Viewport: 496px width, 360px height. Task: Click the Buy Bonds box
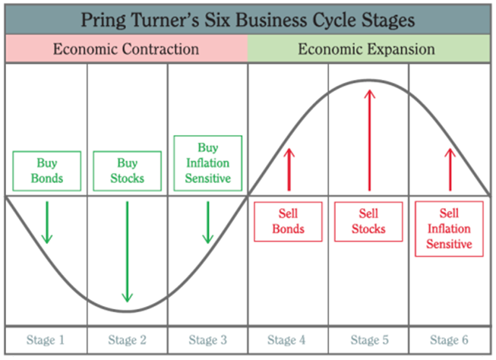pyautogui.click(x=46, y=172)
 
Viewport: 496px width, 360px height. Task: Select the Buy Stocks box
pyautogui.click(x=126, y=172)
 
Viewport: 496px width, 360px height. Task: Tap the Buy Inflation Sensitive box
pyautogui.click(x=207, y=163)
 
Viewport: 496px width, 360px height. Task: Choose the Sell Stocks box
pyautogui.click(x=368, y=221)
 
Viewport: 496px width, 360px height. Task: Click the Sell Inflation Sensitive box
pyautogui.click(x=449, y=229)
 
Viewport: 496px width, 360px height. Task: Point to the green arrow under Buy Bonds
pyautogui.click(x=47, y=221)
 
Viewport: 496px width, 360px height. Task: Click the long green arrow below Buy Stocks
pyautogui.click(x=127, y=251)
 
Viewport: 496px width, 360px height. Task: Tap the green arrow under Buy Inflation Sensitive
pyautogui.click(x=207, y=221)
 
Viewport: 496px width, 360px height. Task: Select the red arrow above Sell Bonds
pyautogui.click(x=289, y=169)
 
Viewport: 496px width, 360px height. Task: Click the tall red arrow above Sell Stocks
pyautogui.click(x=369, y=140)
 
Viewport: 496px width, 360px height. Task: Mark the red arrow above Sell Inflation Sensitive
pyautogui.click(x=449, y=169)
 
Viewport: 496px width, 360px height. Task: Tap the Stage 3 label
pyautogui.click(x=207, y=339)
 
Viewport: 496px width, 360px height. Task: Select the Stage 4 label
pyautogui.click(x=287, y=339)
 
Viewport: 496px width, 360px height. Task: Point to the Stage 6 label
pyautogui.click(x=448, y=339)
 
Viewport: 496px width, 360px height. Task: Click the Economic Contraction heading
pyautogui.click(x=125, y=50)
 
